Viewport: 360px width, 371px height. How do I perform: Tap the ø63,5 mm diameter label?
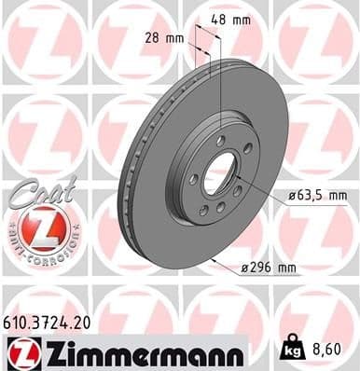point(312,196)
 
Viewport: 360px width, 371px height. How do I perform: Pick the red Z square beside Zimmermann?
point(21,351)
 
